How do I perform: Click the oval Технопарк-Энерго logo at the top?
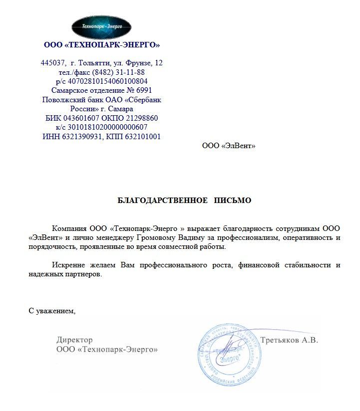[x=101, y=26]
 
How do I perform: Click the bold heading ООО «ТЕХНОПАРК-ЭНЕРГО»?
[x=102, y=45]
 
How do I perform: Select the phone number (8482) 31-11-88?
[x=122, y=72]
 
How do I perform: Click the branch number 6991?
[x=141, y=90]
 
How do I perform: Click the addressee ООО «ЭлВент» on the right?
[x=228, y=146]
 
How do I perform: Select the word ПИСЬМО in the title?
[x=233, y=201]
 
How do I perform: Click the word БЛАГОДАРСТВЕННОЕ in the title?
[x=162, y=201]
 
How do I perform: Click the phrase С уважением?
[x=52, y=311]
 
